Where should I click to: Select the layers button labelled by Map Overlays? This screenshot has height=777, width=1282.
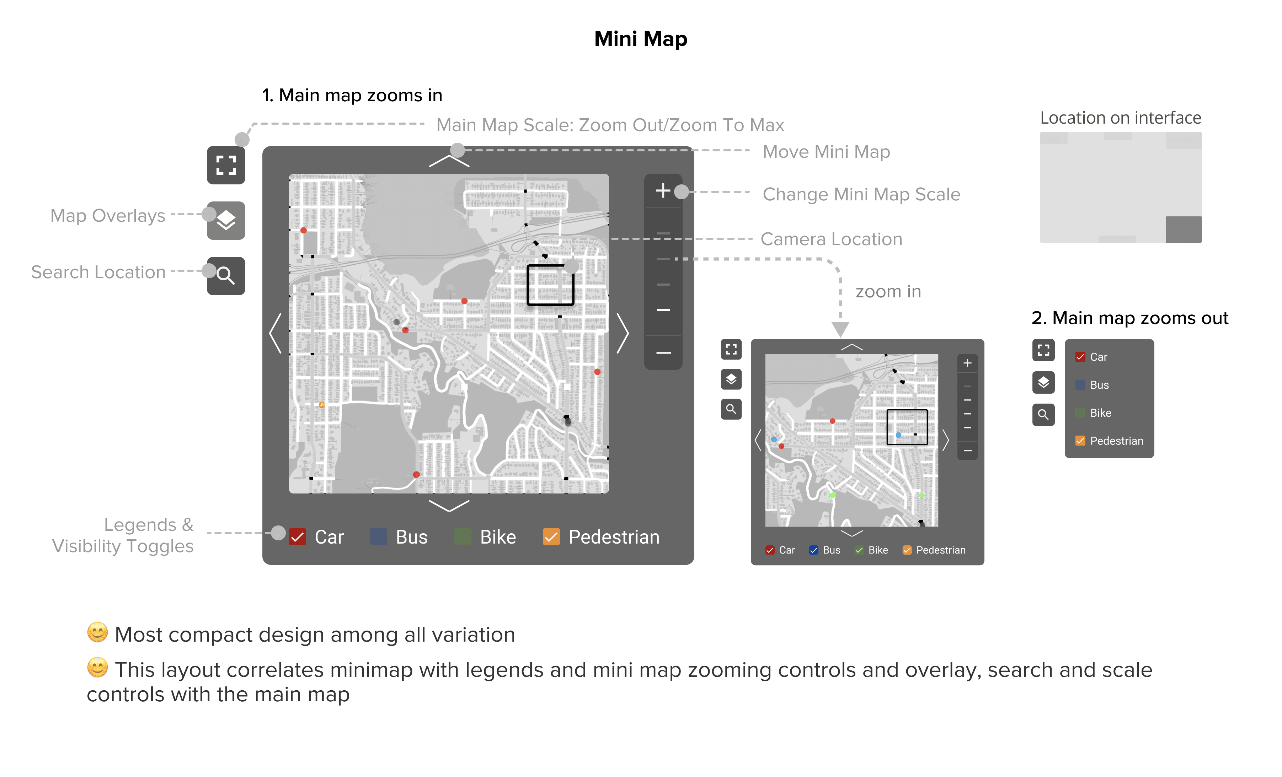226,221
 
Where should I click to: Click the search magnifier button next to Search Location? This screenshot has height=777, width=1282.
226,276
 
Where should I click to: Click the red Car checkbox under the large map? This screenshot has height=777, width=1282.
298,537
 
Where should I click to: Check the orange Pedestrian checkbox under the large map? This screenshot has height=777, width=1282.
551,537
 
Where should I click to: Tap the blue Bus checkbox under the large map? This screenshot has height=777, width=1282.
378,537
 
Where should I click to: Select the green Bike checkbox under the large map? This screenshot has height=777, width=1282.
463,537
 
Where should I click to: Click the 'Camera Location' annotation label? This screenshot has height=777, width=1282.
832,239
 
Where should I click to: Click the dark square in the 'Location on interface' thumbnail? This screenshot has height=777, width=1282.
1183,230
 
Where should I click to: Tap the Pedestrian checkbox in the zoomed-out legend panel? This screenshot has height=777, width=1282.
1080,441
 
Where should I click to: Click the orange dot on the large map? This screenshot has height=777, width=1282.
321,405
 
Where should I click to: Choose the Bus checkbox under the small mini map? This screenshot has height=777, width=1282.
814,550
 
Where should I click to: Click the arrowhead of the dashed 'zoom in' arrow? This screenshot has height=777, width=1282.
840,329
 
